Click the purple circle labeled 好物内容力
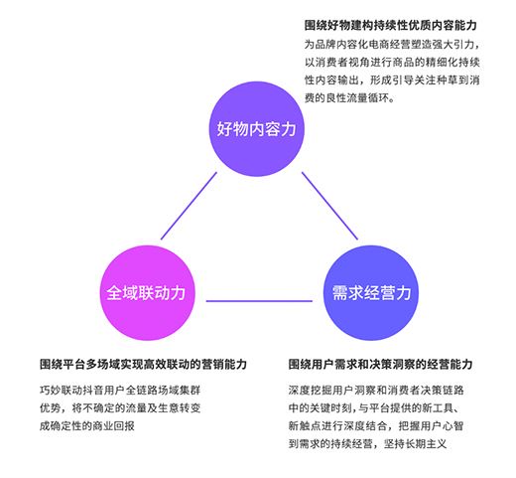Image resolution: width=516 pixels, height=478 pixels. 256,129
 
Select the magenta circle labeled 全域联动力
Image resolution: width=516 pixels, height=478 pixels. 148,293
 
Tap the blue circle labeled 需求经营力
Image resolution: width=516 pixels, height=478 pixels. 370,293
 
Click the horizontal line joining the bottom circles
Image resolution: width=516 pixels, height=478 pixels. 259,301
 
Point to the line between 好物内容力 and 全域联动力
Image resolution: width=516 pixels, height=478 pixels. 189,206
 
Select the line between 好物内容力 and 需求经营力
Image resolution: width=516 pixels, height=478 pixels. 329,206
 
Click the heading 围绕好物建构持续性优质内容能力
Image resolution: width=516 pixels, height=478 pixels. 390,26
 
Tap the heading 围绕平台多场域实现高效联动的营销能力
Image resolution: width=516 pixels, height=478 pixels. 143,364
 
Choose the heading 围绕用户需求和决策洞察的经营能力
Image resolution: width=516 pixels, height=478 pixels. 380,364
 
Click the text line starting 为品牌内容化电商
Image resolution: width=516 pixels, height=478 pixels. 392,45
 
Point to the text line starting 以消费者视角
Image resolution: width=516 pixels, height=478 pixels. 392,63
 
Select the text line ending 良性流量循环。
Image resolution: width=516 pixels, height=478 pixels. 349,98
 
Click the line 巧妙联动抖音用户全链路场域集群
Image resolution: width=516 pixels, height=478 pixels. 120,391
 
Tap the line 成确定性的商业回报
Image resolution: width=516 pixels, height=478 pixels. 87,426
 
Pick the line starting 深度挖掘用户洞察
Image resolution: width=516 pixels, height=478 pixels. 376,391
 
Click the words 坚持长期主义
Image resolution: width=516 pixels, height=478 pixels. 415,444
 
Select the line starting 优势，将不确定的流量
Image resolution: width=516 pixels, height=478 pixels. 120,408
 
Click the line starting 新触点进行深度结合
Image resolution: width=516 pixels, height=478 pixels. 376,426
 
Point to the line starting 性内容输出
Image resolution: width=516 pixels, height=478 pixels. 392,80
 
